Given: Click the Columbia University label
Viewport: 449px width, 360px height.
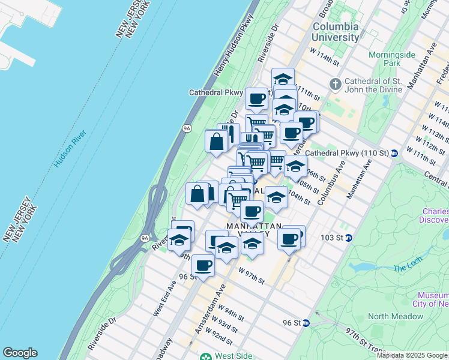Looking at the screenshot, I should tap(336, 32).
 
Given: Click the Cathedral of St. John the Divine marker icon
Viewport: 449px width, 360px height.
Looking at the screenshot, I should tap(335, 83).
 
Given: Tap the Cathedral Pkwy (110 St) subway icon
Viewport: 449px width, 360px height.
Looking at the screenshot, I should tap(394, 153).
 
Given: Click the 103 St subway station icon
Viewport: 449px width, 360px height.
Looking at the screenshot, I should tap(348, 238).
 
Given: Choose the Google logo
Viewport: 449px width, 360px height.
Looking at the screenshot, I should tap(20, 353).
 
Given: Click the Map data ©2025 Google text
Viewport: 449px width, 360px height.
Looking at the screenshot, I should tap(412, 355).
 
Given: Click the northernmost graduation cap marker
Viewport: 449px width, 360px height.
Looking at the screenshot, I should tap(283, 78).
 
